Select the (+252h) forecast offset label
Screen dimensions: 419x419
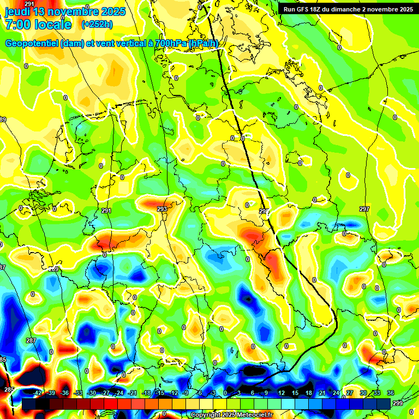(97, 24)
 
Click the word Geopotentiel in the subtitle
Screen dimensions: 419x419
(32, 44)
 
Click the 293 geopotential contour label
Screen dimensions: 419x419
(162, 209)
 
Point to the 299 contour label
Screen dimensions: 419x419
(398, 403)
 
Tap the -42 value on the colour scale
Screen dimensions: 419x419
(38, 393)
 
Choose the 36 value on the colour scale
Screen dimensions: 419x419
(391, 393)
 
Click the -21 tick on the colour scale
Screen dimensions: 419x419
(133, 393)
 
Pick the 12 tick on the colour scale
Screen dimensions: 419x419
(281, 393)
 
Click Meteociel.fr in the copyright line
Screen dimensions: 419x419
(254, 415)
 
